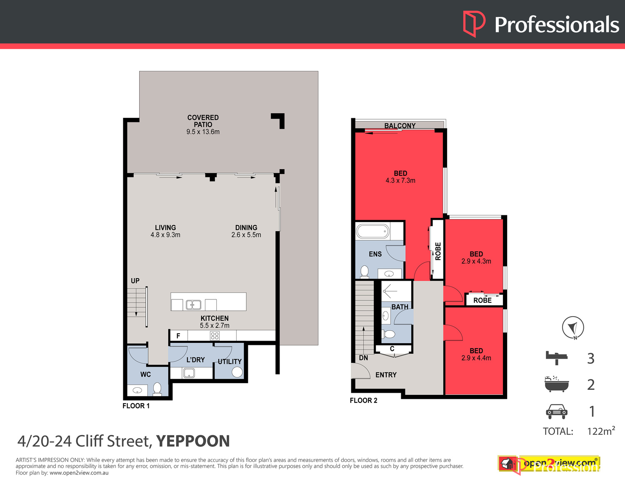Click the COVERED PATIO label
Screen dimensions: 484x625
(x=203, y=121)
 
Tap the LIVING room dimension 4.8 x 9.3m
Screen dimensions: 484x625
(x=165, y=235)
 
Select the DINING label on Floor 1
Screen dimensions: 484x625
(x=246, y=227)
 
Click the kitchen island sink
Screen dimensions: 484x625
(x=193, y=305)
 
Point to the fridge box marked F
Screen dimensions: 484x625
(x=178, y=336)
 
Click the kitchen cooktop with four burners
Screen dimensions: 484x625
(x=215, y=336)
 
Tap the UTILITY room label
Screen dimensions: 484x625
(x=230, y=362)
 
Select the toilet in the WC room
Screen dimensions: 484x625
(x=157, y=389)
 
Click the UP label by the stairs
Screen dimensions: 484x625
(x=135, y=281)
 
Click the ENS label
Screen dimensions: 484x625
(x=375, y=254)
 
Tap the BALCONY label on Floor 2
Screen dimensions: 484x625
(x=400, y=125)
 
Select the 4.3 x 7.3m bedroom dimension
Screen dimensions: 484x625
(x=400, y=180)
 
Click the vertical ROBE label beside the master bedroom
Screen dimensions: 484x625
(x=438, y=251)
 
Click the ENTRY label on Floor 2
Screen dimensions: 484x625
(x=386, y=375)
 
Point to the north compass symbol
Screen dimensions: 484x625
(x=573, y=328)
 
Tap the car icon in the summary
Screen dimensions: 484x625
(x=556, y=411)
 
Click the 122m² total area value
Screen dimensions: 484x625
(x=600, y=431)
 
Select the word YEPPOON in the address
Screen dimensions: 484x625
(x=193, y=441)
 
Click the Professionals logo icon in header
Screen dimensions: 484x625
(x=474, y=24)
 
